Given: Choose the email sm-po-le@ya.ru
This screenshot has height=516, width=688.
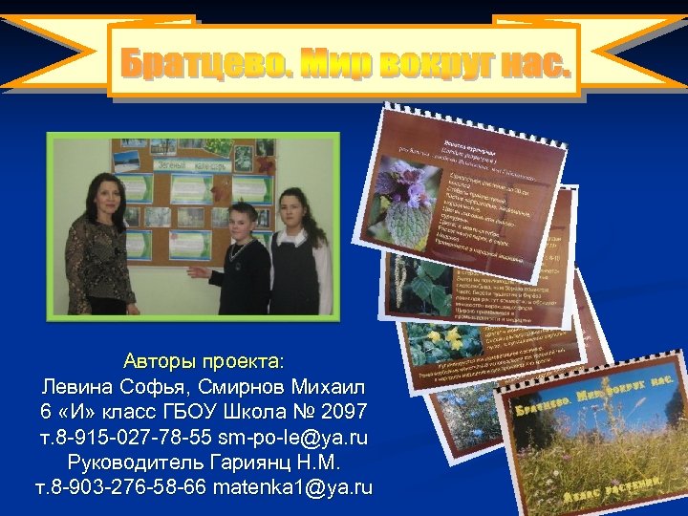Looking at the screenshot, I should click(293, 438).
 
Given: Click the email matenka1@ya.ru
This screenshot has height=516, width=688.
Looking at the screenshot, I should click(292, 487).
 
